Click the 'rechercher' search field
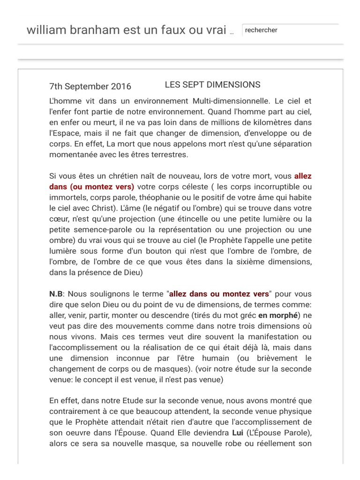point(290,30)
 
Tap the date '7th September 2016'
point(90,86)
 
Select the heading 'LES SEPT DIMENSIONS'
point(212,85)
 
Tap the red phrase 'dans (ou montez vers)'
point(91,187)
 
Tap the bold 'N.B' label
point(55,294)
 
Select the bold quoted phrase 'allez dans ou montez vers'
point(219,294)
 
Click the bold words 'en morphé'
point(277,315)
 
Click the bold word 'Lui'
point(238,432)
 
